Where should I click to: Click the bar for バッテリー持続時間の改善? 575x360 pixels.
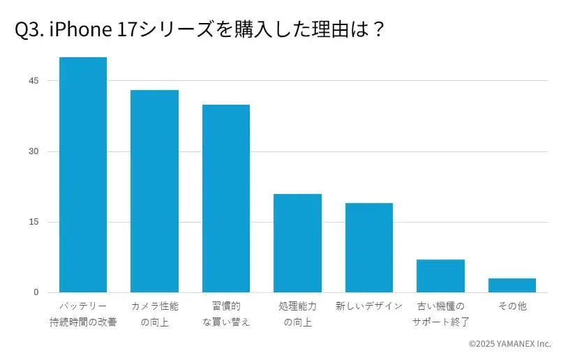(x=83, y=174)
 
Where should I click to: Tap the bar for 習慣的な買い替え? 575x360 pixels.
(x=226, y=198)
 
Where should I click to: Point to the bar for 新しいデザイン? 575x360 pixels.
(x=369, y=248)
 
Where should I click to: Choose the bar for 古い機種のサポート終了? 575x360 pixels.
(x=440, y=276)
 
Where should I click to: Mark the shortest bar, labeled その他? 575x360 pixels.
(x=512, y=285)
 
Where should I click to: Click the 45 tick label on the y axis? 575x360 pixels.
(x=34, y=81)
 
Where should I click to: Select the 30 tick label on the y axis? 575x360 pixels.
(x=34, y=151)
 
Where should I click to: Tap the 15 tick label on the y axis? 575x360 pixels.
(x=34, y=222)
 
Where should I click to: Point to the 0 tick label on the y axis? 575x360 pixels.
(x=36, y=292)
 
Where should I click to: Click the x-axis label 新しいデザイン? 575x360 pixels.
(x=369, y=306)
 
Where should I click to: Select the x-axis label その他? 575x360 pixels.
(x=512, y=306)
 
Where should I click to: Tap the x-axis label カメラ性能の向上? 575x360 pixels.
(x=154, y=314)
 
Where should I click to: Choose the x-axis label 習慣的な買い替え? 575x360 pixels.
(x=226, y=314)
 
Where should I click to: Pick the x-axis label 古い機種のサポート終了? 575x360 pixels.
(x=440, y=314)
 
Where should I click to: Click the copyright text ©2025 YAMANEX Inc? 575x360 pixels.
(x=509, y=344)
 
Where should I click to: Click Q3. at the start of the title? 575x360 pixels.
(x=29, y=30)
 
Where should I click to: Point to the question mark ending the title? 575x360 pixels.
(x=378, y=30)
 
